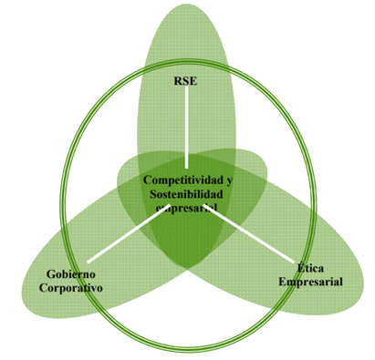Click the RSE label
pos(185,81)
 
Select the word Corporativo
pos(71,288)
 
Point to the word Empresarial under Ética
pos(310,282)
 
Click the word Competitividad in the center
pos(183,180)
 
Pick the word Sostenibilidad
pos(186,194)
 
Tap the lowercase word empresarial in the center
pos(186,208)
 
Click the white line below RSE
pos(186,128)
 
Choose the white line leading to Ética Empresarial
pos(249,233)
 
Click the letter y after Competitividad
pos(229,180)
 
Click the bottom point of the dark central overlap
pos(188,268)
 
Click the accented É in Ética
pos(301,267)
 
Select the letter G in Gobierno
pos(50,274)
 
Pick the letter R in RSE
pos(178,81)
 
